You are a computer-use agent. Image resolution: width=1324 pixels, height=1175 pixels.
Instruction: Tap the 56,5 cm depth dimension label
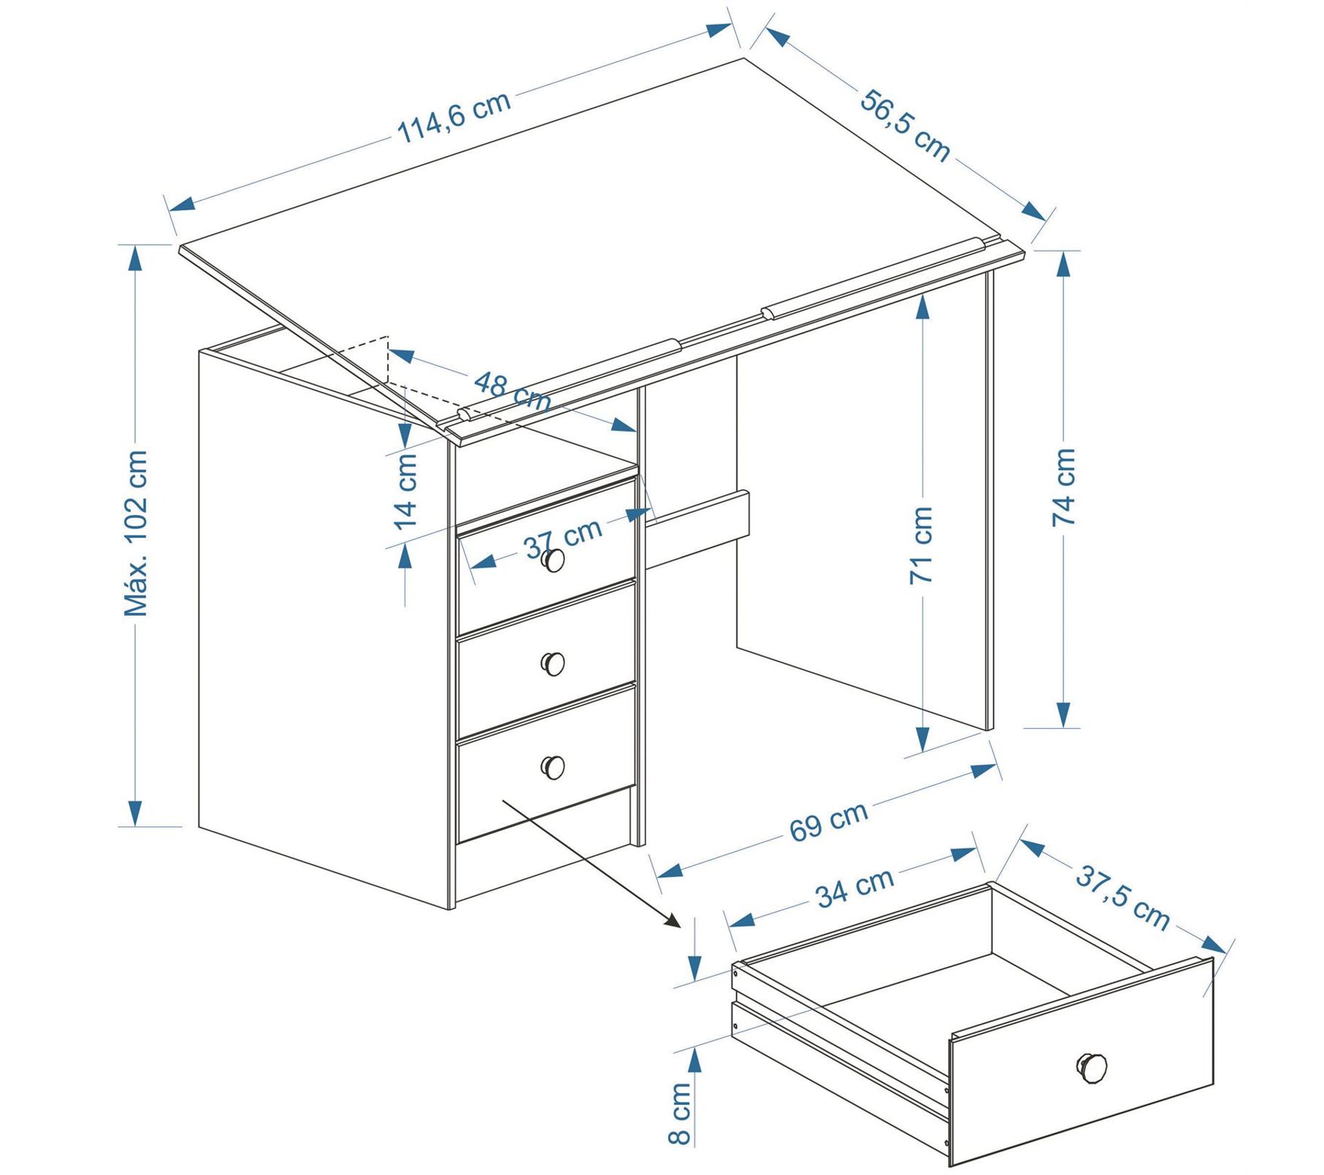[x=904, y=125]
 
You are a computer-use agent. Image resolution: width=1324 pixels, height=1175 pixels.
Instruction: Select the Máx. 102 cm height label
[x=136, y=532]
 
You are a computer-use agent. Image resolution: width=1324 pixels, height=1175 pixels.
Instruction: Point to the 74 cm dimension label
[x=1064, y=487]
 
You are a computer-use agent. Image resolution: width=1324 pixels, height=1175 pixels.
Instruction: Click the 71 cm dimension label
[x=921, y=545]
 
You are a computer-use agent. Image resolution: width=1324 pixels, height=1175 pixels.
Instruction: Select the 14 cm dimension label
[x=406, y=491]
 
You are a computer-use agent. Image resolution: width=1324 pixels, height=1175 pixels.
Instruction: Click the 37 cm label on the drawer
[x=563, y=539]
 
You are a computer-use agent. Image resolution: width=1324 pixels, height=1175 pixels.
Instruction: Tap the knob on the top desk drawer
[x=552, y=560]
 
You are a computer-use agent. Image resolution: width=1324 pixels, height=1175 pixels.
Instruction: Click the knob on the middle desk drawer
[x=552, y=663]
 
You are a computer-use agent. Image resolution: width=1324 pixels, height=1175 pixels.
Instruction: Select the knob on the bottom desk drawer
[x=552, y=767]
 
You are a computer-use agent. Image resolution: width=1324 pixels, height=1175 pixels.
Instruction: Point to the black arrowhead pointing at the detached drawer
[x=672, y=921]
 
